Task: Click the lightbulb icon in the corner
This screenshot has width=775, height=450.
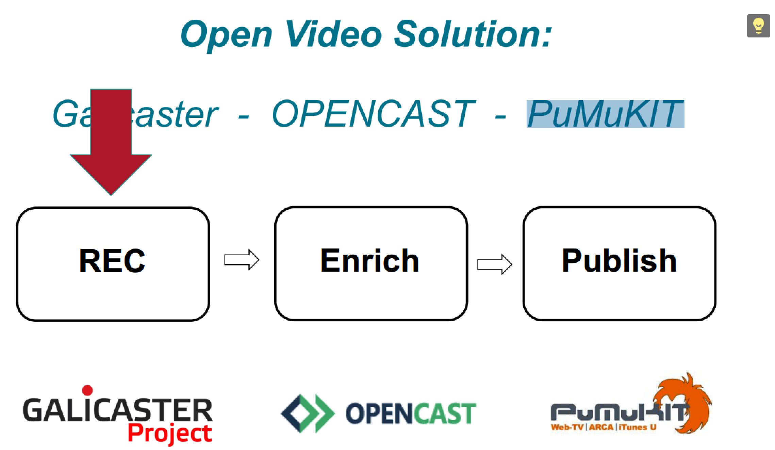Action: click(758, 26)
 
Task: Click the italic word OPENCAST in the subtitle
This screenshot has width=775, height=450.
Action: click(373, 114)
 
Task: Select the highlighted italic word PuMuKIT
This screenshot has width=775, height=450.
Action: click(605, 114)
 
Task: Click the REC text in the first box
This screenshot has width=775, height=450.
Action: click(112, 261)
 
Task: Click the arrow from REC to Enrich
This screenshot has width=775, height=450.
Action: click(242, 260)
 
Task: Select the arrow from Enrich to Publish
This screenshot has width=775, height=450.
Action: click(494, 264)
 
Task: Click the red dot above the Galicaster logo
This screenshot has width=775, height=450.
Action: click(87, 390)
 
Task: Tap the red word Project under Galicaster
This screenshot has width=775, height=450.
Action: click(170, 433)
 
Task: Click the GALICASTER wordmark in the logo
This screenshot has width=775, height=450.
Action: click(117, 410)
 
